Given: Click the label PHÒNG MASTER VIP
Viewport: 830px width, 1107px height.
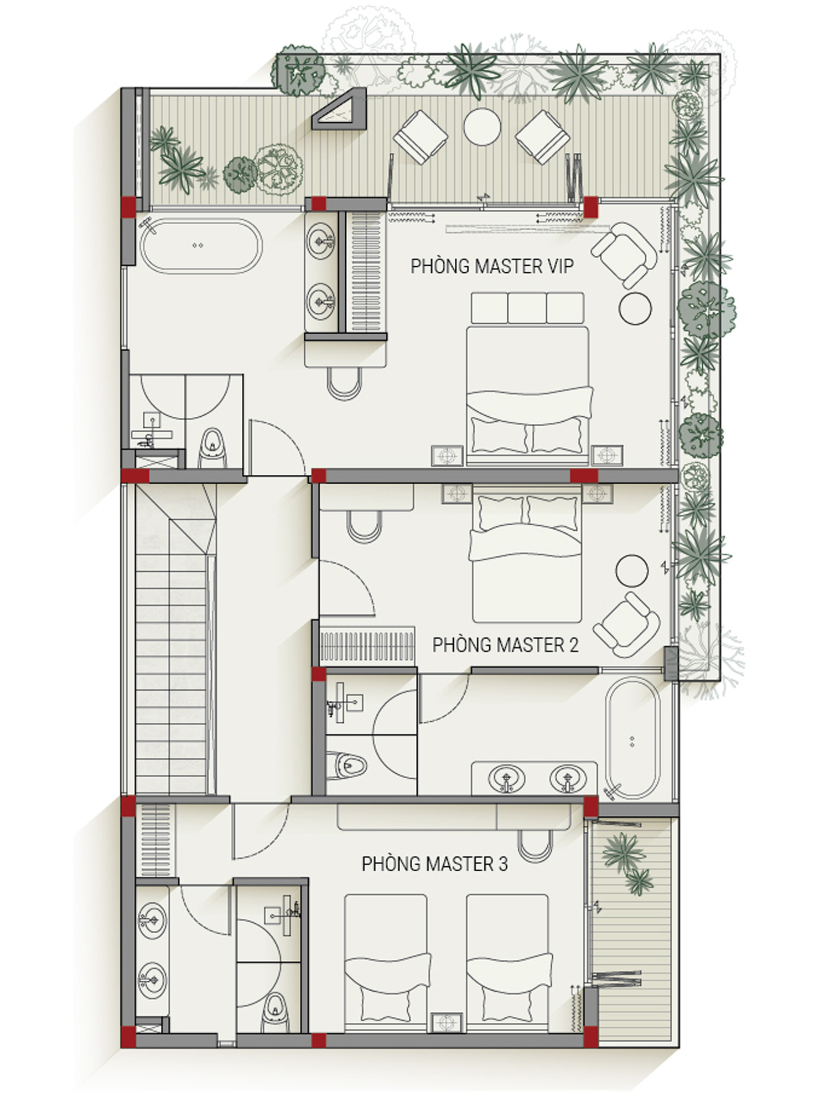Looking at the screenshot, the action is pos(492,266).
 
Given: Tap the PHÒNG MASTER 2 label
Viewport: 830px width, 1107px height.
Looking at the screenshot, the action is pos(505,645).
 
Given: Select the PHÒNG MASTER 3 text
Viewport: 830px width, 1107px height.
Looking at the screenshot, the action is pos(434,863).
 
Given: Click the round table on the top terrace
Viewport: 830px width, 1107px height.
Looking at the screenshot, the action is pos(482,127).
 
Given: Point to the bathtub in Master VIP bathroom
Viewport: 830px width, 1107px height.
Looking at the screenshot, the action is pos(201,246).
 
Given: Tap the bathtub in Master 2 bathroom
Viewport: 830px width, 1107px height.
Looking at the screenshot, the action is pos(632,739).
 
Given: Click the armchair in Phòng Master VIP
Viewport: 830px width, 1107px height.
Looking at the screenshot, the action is pos(624,254).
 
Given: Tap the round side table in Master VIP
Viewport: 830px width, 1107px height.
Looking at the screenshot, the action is pos(635,308).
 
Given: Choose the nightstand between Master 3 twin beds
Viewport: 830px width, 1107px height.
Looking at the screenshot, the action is pos(447,1022).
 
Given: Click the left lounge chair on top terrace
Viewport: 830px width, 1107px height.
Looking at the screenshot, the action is pos(420,137).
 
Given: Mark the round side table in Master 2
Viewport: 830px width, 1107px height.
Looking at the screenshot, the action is pos(632,570).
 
